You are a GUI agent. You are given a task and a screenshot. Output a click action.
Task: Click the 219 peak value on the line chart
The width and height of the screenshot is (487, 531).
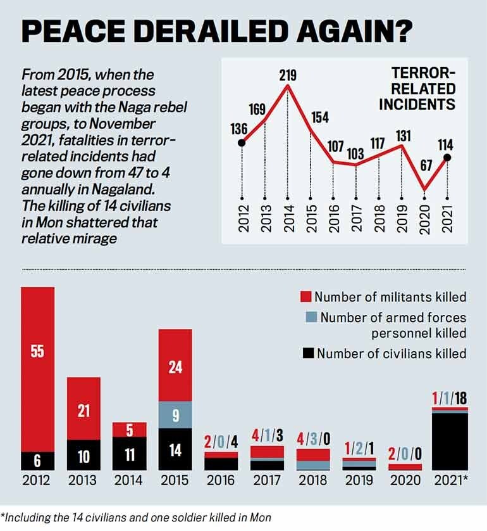pos(288,76)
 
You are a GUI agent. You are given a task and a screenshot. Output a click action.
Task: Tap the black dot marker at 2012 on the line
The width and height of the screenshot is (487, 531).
pos(242,143)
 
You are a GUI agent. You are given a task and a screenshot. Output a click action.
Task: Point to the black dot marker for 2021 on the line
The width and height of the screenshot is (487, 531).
pos(447,158)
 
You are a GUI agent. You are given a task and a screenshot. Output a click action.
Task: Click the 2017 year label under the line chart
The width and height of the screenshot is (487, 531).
pos(357,218)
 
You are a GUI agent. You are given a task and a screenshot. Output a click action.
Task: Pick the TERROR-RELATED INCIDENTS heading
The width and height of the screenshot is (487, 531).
pos(417,89)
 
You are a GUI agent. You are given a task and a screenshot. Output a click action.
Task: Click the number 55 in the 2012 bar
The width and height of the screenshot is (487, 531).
pos(37,350)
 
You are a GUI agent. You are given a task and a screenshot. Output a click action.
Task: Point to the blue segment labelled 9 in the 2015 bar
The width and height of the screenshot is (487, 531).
pos(175,415)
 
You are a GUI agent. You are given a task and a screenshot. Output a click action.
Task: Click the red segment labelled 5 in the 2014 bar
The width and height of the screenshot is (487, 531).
pos(130,430)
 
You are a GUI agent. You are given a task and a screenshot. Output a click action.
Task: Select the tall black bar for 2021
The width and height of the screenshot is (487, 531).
pos(450,440)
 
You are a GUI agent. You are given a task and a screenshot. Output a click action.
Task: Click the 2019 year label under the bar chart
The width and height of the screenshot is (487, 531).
pos(358,480)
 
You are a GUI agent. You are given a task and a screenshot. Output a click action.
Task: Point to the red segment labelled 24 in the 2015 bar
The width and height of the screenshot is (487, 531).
pos(175,366)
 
